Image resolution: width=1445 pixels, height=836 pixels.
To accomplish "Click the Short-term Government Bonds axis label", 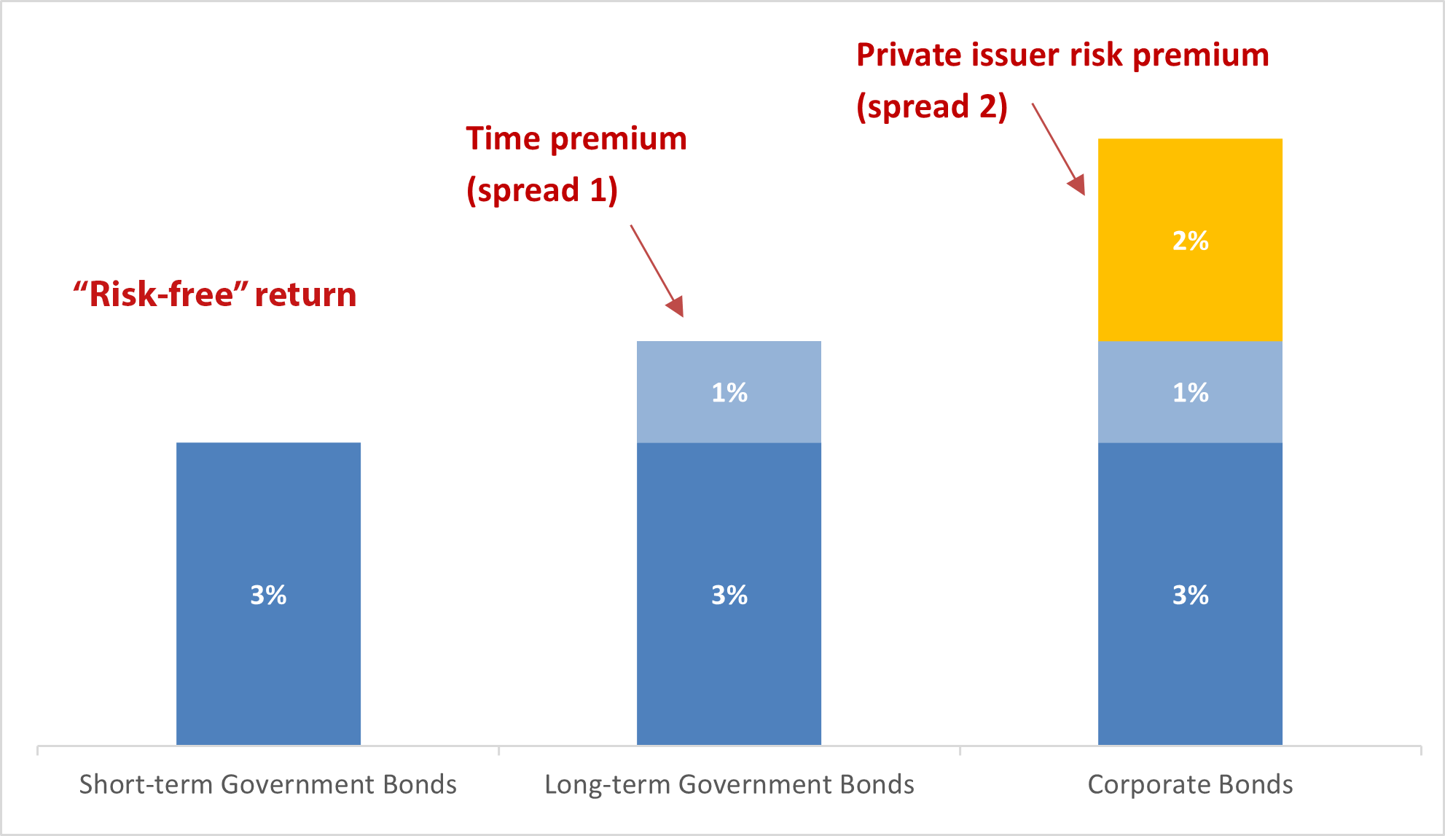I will [267, 784].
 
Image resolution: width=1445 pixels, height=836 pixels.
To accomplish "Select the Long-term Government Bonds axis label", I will [729, 784].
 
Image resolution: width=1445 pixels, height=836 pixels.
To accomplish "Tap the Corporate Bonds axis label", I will [1190, 784].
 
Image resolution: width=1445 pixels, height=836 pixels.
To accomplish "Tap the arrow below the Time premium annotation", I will [657, 270].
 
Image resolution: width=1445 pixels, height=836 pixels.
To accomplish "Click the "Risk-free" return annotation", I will [215, 294].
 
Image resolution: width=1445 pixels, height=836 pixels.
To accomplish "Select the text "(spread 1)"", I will [542, 190].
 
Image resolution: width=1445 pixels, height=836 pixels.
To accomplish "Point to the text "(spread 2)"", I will [932, 106].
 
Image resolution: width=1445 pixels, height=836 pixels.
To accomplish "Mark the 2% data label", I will [1190, 241].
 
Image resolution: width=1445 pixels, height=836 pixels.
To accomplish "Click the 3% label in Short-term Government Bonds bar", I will [268, 595].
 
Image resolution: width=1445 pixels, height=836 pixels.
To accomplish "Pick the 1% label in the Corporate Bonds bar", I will [1190, 393].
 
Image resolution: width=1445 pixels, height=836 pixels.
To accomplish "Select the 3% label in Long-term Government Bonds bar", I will [729, 595].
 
